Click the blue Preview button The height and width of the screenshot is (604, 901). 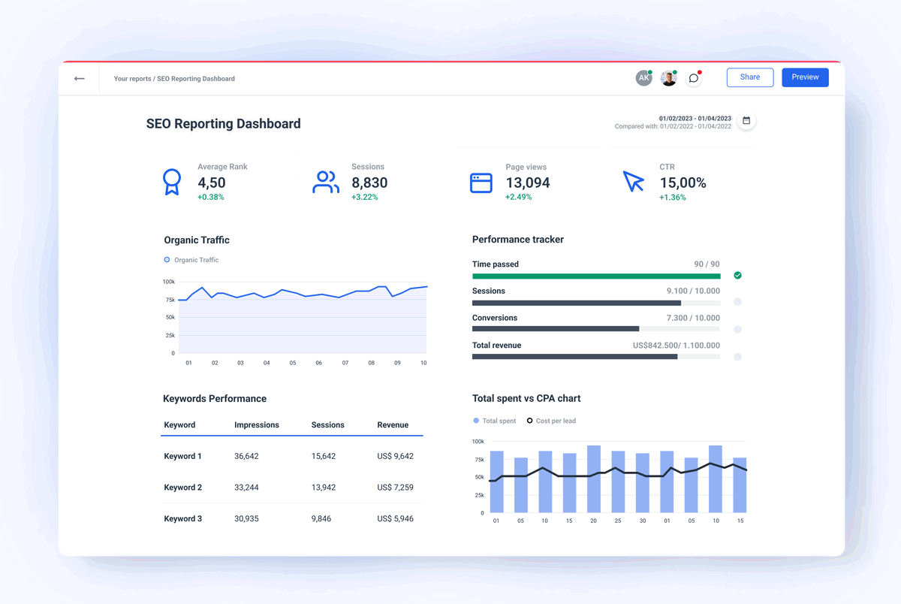coord(805,77)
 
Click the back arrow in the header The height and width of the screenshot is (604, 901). coord(80,78)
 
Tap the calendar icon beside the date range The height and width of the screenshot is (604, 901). coord(746,121)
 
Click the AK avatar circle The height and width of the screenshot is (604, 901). coord(643,78)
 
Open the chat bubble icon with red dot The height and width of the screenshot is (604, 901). coord(694,78)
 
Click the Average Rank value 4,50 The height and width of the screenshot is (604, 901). coord(212,183)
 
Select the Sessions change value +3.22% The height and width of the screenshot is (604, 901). coord(364,198)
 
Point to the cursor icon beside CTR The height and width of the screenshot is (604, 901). coord(634,182)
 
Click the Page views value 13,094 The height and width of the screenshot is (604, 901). coord(527,183)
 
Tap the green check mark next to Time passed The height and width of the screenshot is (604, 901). coord(737,276)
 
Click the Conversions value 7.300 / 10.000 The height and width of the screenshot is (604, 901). coord(692,318)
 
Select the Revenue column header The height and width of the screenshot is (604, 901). coord(393,425)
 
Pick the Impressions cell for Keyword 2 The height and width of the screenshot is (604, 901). coord(246,488)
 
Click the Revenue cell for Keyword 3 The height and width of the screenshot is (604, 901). coord(395,518)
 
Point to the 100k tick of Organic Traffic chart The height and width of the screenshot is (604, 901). coord(168,282)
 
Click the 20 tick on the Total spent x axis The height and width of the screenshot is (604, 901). coord(593,521)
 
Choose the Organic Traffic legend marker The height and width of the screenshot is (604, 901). coord(167,260)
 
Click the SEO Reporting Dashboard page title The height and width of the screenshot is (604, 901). coord(223,124)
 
